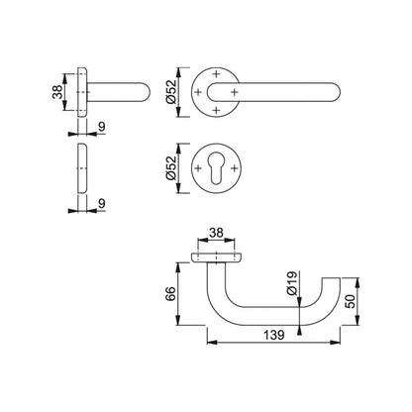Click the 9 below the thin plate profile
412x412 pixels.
(x=102, y=205)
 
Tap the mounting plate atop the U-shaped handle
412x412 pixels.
(x=216, y=257)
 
